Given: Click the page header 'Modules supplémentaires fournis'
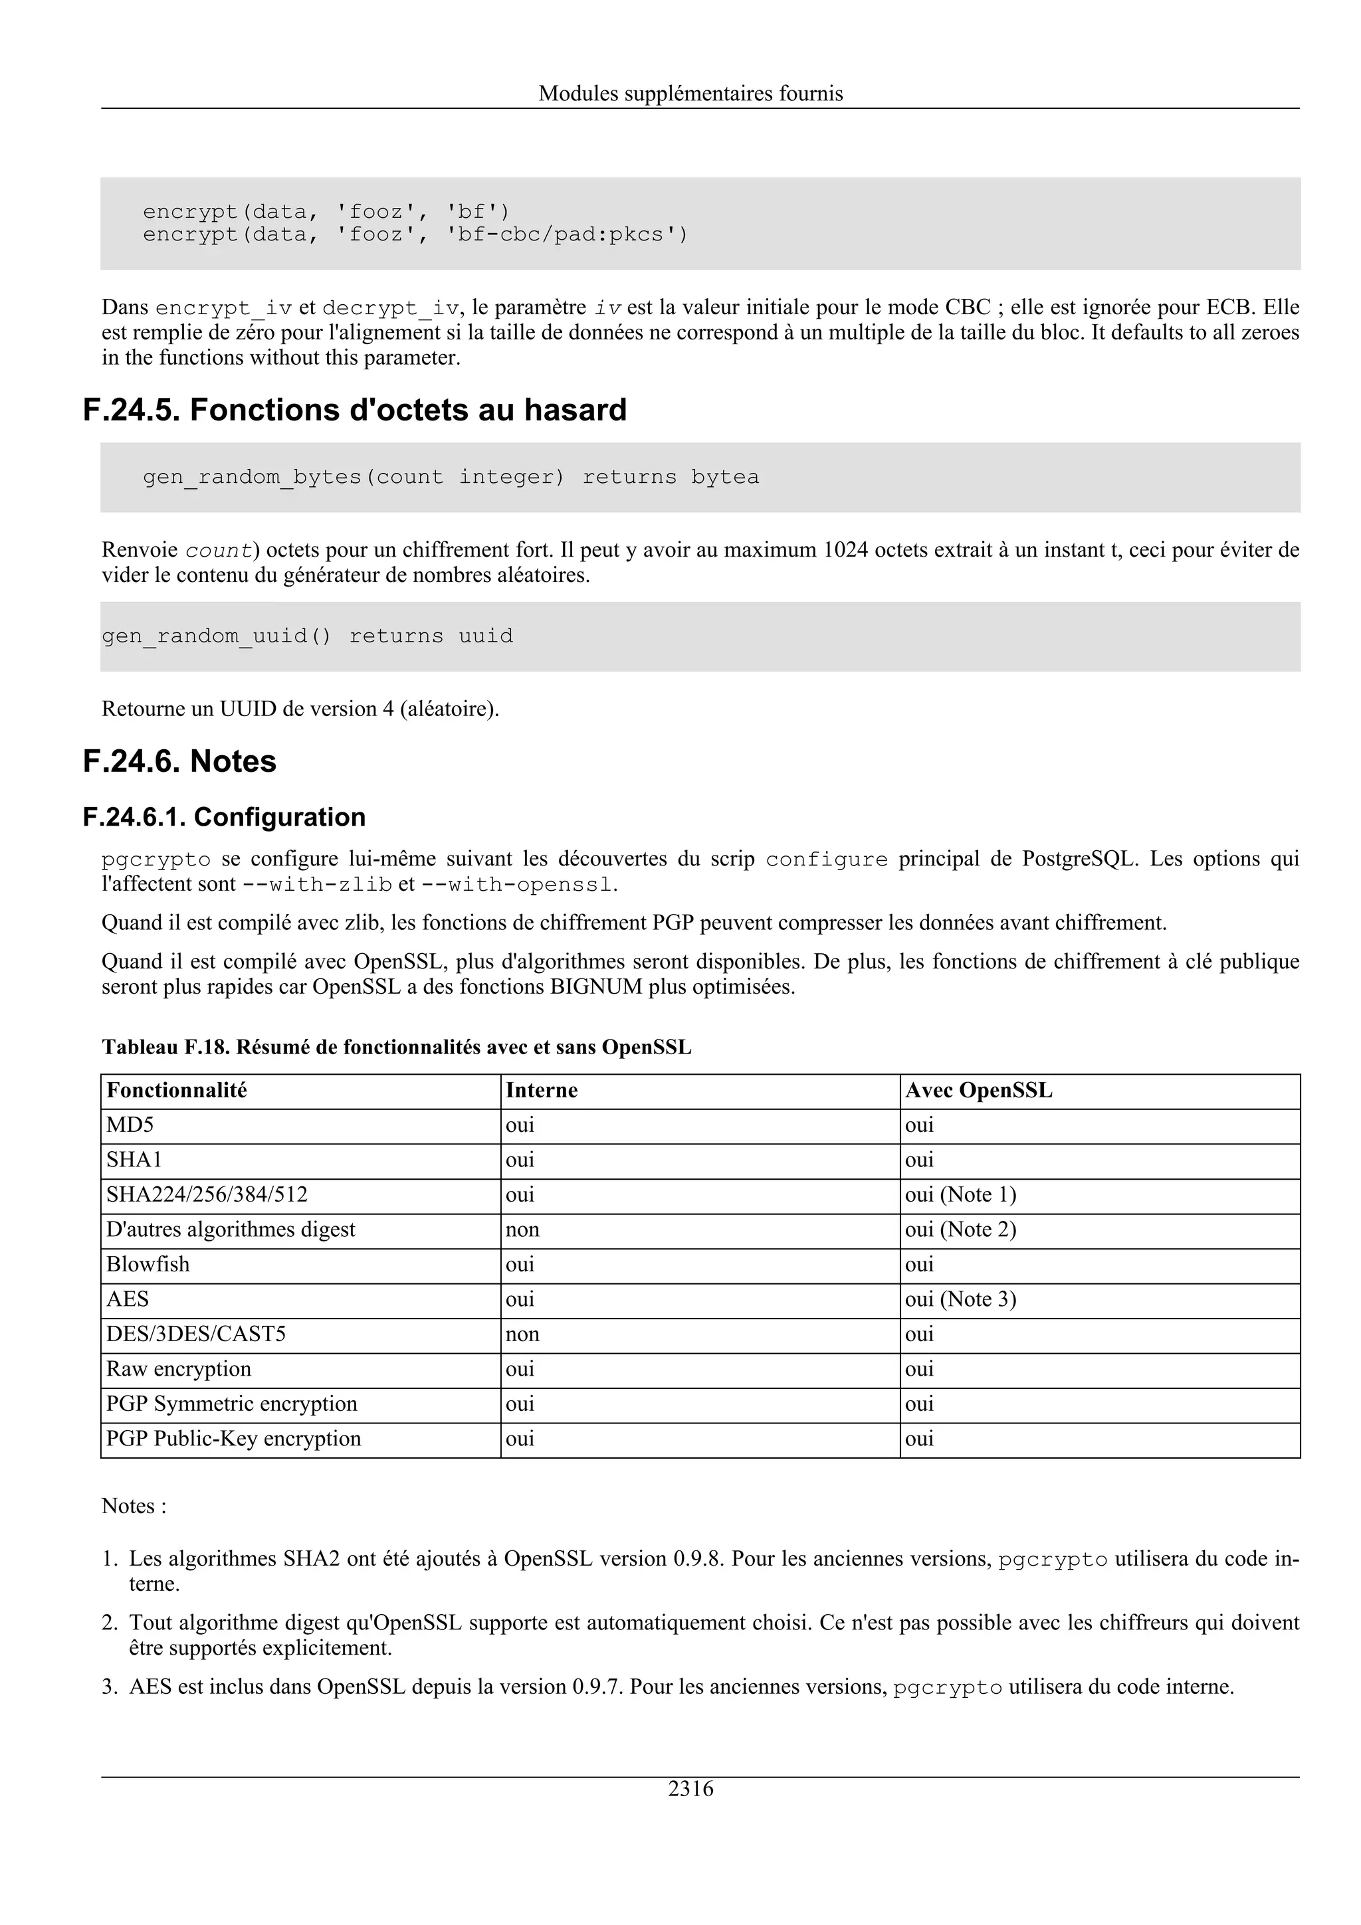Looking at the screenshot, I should pyautogui.click(x=690, y=93).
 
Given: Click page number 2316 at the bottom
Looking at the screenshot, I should pyautogui.click(x=690, y=1789).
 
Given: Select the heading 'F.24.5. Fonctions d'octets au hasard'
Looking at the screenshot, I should pyautogui.click(x=355, y=410).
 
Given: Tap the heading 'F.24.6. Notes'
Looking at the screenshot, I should pyautogui.click(x=179, y=761).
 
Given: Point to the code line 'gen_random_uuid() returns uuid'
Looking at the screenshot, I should pyautogui.click(x=307, y=636).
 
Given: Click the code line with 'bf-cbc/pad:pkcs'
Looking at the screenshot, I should pyautogui.click(x=415, y=234).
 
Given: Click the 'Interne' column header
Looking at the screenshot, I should pyautogui.click(x=541, y=1090).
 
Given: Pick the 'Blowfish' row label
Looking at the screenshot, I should pyautogui.click(x=148, y=1264).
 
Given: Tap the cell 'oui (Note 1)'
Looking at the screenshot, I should pyautogui.click(x=960, y=1195).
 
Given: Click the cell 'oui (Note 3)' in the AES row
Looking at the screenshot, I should pyautogui.click(x=960, y=1299).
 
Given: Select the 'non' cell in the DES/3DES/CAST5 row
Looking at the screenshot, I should pyautogui.click(x=522, y=1334).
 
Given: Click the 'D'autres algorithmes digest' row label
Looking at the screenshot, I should pyautogui.click(x=231, y=1230).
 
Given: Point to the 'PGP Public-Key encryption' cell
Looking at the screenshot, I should pyautogui.click(x=233, y=1439).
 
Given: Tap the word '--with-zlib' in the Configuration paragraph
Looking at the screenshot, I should pyautogui.click(x=317, y=885).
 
